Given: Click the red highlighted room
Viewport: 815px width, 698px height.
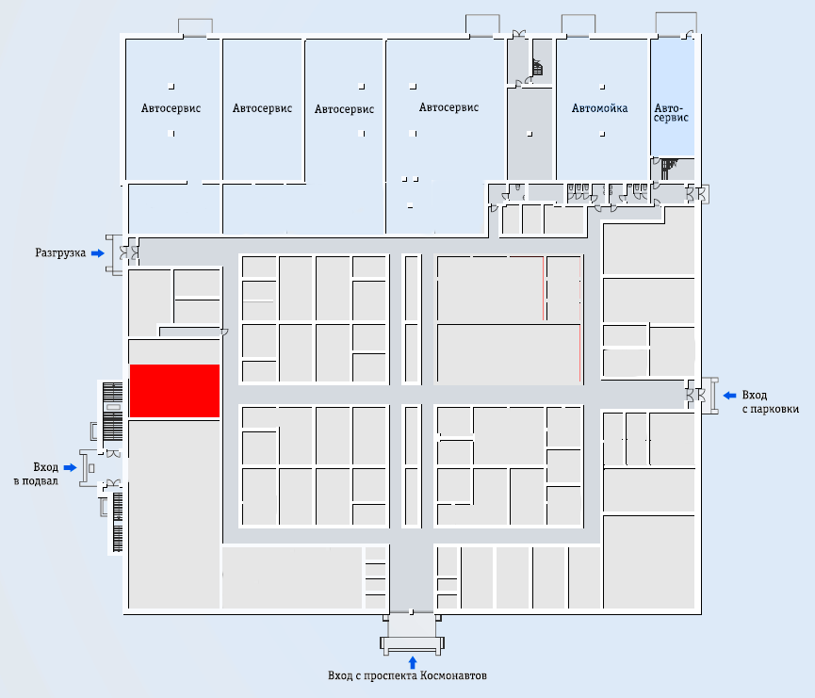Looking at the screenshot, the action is click(x=174, y=391).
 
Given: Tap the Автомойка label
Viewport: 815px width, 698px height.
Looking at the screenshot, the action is click(x=599, y=108).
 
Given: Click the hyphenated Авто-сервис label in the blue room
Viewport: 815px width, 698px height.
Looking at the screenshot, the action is click(x=671, y=113).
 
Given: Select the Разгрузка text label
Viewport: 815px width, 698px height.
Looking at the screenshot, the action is click(x=60, y=253).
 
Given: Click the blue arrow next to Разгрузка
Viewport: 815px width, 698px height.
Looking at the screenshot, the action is click(x=98, y=253).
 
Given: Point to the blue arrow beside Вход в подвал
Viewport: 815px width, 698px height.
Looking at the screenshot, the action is click(x=70, y=468).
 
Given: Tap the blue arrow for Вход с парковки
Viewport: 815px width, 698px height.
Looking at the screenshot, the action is click(x=730, y=396).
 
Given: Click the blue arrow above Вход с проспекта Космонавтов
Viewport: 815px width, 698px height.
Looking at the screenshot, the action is click(x=413, y=662).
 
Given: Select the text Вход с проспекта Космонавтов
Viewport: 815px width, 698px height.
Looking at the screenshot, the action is click(x=407, y=675).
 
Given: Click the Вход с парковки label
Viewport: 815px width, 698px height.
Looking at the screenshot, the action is click(x=770, y=402).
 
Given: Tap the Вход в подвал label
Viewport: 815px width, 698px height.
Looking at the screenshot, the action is click(x=36, y=474).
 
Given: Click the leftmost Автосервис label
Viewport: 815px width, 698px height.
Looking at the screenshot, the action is click(x=171, y=108).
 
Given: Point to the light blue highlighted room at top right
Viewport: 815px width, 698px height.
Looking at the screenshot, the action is click(x=673, y=97).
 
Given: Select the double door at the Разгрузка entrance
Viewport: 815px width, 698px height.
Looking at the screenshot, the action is click(x=129, y=253).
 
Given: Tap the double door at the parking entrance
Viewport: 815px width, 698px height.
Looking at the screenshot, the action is click(x=696, y=396).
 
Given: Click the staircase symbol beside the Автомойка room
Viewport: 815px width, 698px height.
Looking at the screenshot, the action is click(x=537, y=68).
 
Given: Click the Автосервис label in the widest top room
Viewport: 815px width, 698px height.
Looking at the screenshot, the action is click(x=448, y=107).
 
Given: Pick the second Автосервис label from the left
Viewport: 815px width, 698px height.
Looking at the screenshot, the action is click(x=262, y=108).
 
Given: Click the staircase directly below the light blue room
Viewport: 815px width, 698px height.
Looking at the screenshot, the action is click(x=669, y=169).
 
